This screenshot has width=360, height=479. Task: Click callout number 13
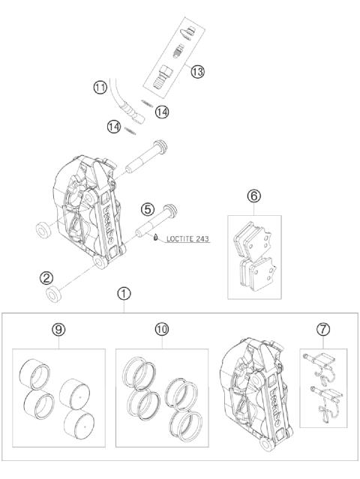click(197, 72)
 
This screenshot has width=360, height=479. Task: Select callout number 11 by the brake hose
click(100, 88)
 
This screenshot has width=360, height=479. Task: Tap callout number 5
click(148, 210)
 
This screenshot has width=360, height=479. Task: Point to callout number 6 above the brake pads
click(254, 196)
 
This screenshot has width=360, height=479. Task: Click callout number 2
click(46, 278)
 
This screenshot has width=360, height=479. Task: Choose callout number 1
click(124, 294)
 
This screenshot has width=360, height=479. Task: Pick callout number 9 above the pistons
click(58, 329)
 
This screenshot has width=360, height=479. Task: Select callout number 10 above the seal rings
click(162, 329)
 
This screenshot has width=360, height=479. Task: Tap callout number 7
click(323, 329)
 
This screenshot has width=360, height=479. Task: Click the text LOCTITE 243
click(188, 238)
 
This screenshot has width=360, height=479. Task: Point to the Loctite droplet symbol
click(155, 237)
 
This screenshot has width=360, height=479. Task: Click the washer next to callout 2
click(54, 294)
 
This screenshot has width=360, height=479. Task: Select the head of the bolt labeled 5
click(170, 211)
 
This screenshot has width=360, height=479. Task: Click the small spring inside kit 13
click(178, 51)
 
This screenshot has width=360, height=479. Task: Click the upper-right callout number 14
click(162, 112)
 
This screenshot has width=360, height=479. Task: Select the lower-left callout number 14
click(114, 127)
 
